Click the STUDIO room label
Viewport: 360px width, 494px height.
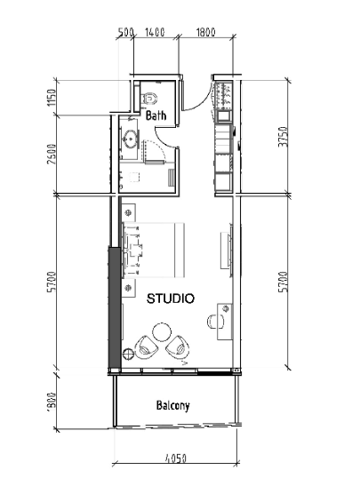[x=171, y=299]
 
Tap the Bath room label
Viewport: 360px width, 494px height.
[x=156, y=116]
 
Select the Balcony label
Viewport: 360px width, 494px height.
[x=173, y=405]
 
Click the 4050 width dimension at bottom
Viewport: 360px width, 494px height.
[x=176, y=458]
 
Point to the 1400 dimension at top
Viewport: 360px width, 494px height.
[x=155, y=32]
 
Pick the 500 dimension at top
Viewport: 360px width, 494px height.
[x=126, y=32]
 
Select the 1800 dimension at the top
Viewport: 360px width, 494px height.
[x=205, y=32]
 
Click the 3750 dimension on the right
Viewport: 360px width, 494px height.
[x=283, y=137]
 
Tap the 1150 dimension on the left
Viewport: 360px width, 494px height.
[x=52, y=98]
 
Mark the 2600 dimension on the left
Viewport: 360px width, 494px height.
[x=52, y=155]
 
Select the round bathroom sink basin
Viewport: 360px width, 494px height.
[x=130, y=139]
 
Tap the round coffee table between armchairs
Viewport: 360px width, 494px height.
[x=162, y=332]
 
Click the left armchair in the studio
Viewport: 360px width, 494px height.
[x=146, y=347]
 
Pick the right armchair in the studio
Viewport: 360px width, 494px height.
[x=178, y=347]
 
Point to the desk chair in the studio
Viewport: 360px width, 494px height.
[x=216, y=322]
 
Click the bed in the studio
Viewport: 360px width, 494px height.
[x=153, y=251]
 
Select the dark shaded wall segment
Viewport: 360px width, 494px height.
[x=115, y=307]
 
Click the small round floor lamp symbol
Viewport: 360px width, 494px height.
[x=129, y=355]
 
